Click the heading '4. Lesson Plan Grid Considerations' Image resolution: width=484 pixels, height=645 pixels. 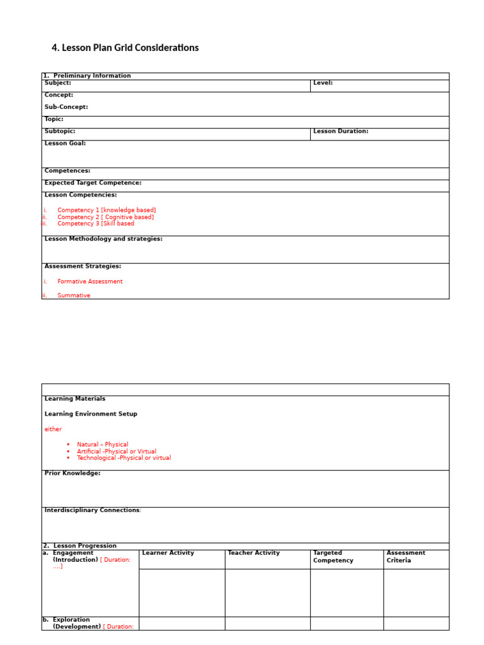click(x=125, y=48)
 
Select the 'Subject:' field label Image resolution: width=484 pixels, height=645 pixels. click(x=58, y=83)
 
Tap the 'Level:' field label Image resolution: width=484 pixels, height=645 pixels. click(x=323, y=83)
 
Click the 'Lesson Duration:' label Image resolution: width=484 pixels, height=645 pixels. click(x=340, y=131)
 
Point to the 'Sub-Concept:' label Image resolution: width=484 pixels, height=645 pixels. click(x=66, y=107)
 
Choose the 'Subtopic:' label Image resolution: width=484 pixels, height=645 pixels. click(x=60, y=131)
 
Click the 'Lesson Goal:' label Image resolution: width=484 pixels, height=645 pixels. click(x=65, y=143)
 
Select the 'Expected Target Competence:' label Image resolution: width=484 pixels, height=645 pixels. click(x=93, y=183)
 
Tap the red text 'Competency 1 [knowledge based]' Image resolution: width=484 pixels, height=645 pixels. click(x=107, y=210)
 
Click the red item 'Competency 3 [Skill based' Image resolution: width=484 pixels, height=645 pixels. click(x=96, y=223)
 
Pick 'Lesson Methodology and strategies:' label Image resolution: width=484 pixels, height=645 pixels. click(x=103, y=239)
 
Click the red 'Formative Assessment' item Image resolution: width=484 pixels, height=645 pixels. click(x=90, y=282)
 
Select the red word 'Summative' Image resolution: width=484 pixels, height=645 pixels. click(x=74, y=295)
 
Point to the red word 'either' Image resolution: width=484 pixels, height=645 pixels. click(x=53, y=429)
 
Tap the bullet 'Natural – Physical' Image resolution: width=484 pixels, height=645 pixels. click(x=103, y=445)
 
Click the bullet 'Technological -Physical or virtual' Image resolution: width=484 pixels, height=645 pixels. click(x=124, y=458)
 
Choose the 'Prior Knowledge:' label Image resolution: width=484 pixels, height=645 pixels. click(x=72, y=473)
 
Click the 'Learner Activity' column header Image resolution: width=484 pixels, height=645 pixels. click(x=168, y=553)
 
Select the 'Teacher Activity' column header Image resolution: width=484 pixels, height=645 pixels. click(x=253, y=553)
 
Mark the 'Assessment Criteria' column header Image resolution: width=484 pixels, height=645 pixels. click(x=406, y=556)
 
